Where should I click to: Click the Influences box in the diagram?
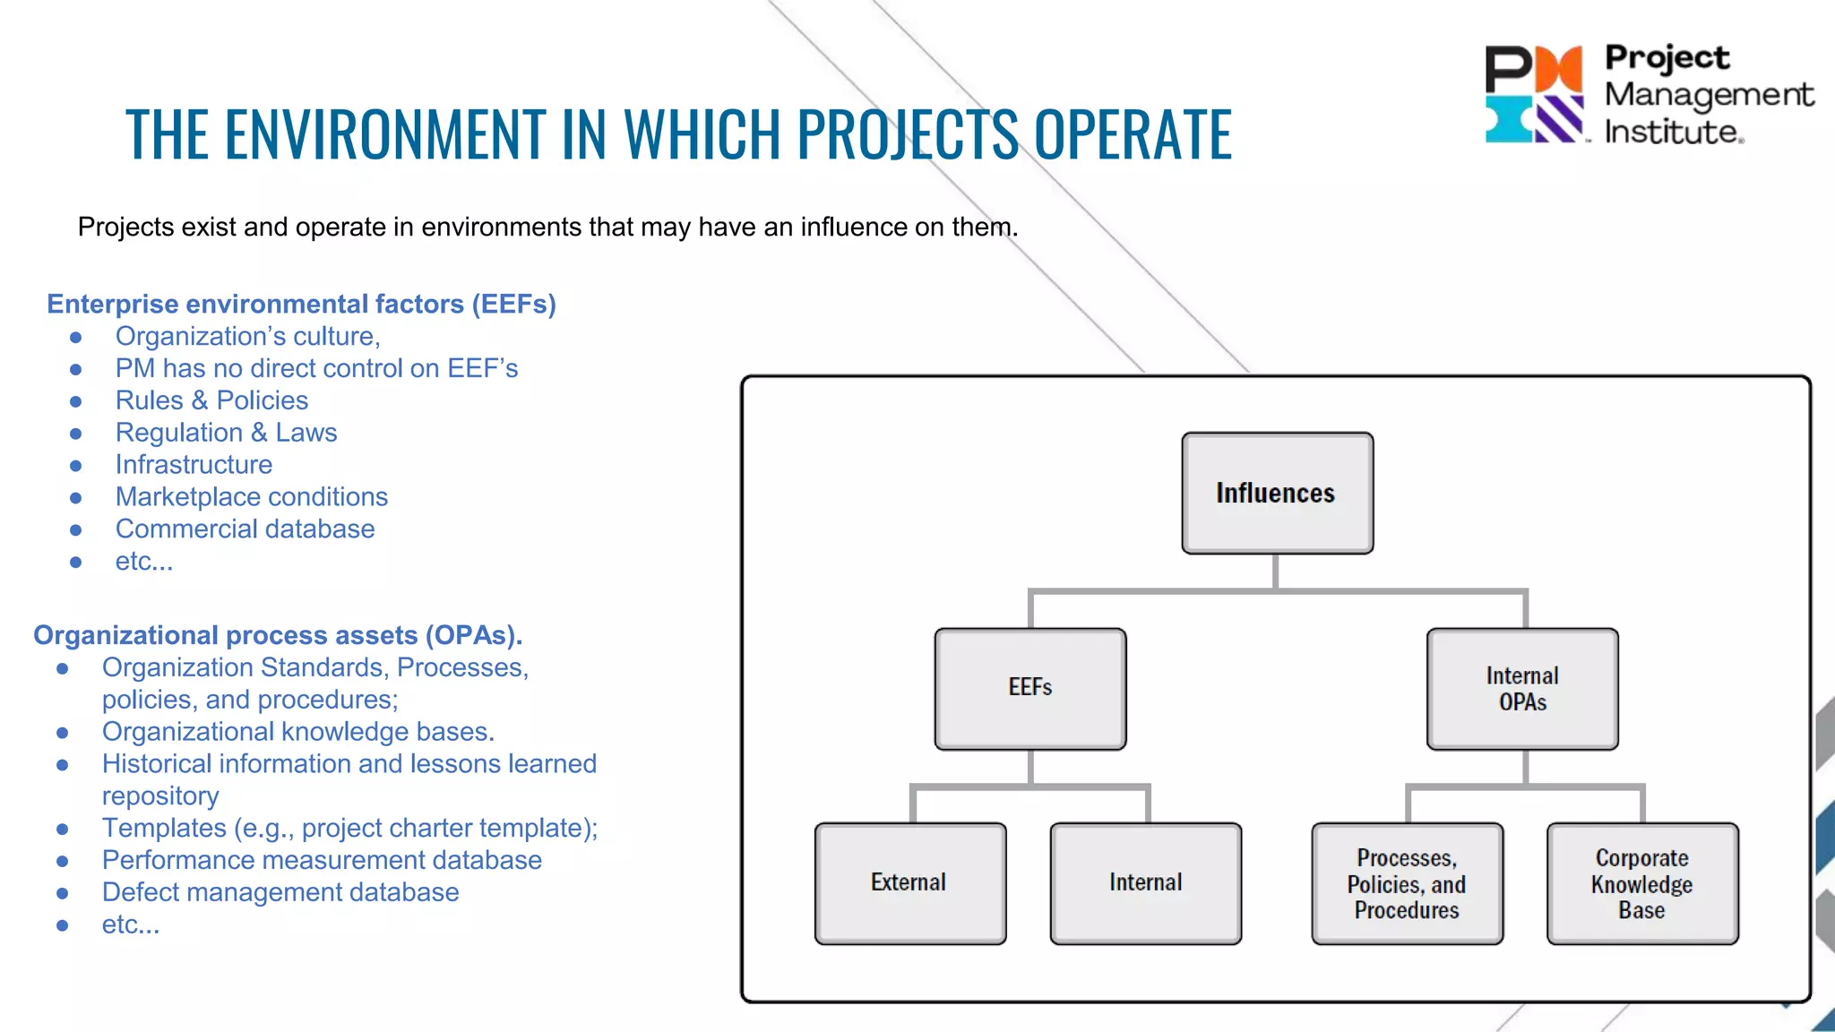(x=1277, y=493)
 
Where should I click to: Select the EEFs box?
(x=1030, y=688)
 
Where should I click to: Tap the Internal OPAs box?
(x=1522, y=688)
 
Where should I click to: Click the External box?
(x=909, y=882)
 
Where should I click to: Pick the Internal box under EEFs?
(x=1145, y=882)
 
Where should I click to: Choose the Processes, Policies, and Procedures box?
(x=1407, y=883)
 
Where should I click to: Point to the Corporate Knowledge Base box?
(x=1642, y=883)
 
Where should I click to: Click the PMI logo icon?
(x=1534, y=94)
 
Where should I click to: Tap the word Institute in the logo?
(x=1672, y=133)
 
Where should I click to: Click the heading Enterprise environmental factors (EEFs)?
(x=301, y=304)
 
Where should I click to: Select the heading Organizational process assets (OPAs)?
(x=278, y=635)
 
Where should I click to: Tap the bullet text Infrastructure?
(x=194, y=465)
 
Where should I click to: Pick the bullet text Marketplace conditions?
(x=251, y=497)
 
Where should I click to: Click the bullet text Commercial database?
(x=245, y=529)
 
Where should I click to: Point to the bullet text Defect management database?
(x=280, y=892)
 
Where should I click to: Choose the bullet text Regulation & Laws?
(x=226, y=433)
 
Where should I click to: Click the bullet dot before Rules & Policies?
(x=76, y=401)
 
